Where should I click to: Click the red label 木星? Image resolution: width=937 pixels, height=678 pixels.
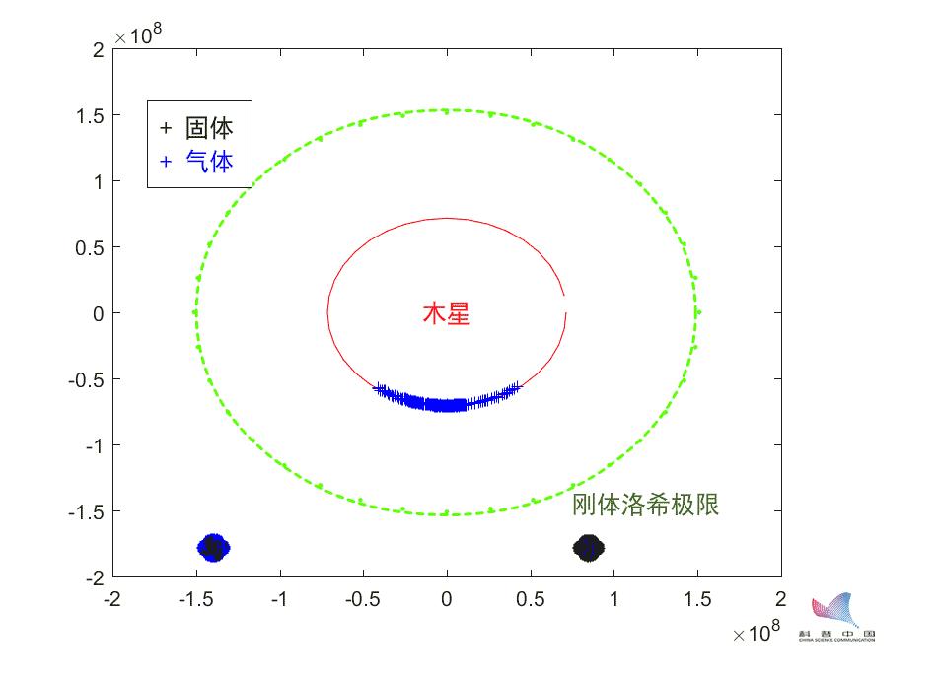(446, 314)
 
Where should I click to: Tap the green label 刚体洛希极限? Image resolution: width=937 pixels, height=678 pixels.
(645, 505)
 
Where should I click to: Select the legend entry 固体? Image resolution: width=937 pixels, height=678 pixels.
(209, 128)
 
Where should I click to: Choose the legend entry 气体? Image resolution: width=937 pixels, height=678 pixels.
(209, 161)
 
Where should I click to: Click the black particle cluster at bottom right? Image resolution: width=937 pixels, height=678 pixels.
(589, 548)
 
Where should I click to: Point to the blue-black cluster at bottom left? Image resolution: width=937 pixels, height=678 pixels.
(213, 547)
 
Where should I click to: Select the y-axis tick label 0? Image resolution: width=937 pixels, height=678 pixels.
(99, 313)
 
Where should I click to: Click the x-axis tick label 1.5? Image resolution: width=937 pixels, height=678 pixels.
(697, 599)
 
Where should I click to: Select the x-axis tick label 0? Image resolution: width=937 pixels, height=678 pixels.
(447, 599)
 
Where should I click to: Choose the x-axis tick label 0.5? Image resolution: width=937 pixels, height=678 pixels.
(531, 599)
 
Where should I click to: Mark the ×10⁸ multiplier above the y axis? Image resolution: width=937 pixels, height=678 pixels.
(139, 35)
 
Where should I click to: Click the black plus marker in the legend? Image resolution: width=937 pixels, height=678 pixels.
(166, 128)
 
